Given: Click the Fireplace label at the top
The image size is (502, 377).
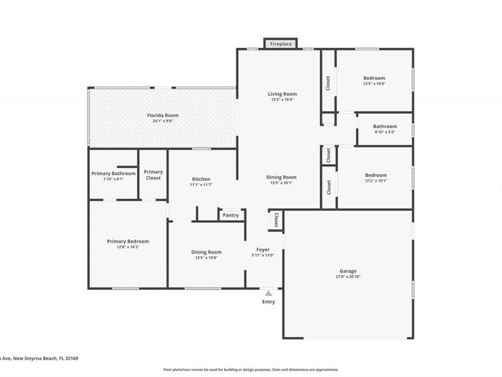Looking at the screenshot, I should (281, 44).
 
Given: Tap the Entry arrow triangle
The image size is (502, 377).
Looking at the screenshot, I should (268, 293).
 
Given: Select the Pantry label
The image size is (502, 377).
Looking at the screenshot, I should (230, 215).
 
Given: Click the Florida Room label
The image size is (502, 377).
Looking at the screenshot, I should (163, 115).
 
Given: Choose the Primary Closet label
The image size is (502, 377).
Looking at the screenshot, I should (153, 175).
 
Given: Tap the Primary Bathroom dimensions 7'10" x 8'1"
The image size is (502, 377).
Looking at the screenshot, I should (113, 179).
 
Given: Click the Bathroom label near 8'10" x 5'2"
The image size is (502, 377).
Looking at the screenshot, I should (385, 126).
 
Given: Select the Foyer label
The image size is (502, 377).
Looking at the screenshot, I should (263, 250).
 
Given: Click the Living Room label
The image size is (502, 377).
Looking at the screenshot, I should (282, 94).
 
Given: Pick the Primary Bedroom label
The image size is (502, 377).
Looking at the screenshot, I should (128, 241).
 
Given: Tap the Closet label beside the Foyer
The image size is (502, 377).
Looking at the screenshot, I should (276, 221).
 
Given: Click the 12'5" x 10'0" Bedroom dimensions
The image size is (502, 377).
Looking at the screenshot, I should (374, 84).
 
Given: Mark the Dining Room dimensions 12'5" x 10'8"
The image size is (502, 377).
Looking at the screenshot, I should (206, 258).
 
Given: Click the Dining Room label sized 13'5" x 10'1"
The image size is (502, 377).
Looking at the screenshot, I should (282, 177).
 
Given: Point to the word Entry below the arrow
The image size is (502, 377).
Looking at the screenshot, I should (268, 302).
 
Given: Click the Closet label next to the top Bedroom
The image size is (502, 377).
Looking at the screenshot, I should (328, 83).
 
